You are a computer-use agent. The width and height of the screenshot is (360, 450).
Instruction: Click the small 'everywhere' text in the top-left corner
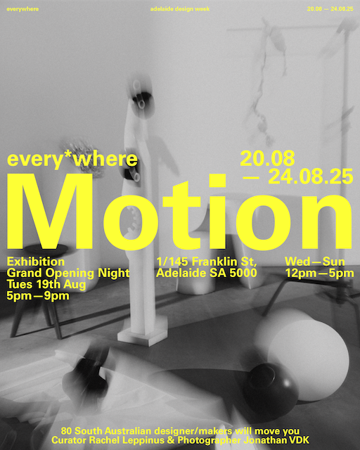pos(22,9)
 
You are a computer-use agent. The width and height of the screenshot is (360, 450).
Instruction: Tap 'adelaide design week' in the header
pos(180,9)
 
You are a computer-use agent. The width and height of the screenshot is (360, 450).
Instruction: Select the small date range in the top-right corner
pos(330,9)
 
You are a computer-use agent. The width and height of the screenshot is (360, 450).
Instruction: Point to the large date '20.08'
pos(267,158)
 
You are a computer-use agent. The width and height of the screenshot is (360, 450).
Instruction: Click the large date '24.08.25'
pos(311,176)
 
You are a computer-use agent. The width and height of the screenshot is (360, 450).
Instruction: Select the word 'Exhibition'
pos(36,262)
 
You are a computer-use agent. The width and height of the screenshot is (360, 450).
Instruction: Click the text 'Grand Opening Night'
pos(68,274)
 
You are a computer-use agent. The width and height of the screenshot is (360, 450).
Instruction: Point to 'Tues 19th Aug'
pos(46,284)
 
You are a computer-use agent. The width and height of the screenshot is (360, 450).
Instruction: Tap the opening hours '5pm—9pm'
pos(38,296)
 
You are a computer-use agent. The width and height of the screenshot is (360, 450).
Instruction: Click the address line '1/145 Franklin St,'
pos(207,262)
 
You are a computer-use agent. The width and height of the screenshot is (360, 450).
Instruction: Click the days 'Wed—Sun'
pos(314,262)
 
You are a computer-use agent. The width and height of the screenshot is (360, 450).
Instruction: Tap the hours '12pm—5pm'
pos(319,274)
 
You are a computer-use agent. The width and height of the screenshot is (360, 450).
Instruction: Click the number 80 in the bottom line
pos(66,431)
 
